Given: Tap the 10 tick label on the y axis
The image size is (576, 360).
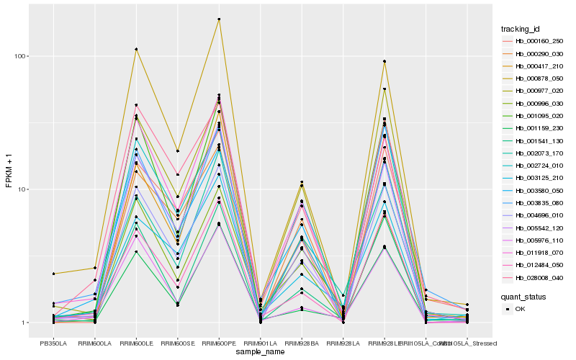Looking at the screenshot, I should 22,189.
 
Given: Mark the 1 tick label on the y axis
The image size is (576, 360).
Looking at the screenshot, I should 24,323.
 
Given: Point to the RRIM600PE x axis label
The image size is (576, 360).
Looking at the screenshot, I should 219,343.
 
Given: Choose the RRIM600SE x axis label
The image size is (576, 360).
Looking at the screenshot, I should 177,343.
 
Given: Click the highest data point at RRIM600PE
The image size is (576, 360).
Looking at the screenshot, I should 219,19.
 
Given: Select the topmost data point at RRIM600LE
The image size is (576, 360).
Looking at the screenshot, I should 136,49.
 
